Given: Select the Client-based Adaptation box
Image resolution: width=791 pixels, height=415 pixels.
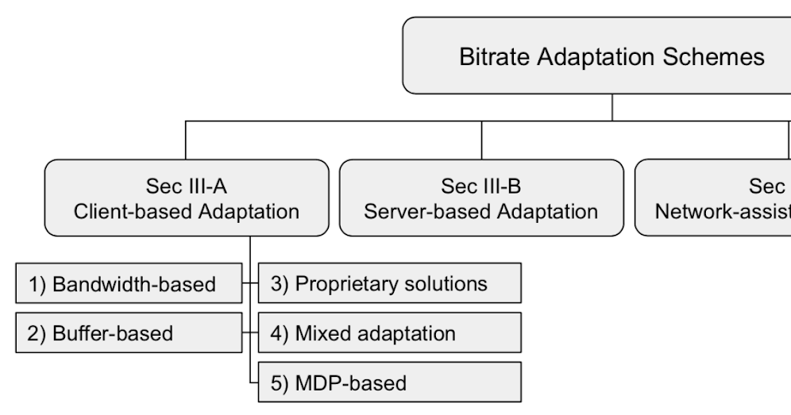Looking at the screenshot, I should click(x=186, y=198).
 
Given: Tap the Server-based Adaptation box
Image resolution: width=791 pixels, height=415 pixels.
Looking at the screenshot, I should click(x=481, y=198).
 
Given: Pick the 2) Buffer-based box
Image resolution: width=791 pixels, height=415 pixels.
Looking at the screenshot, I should click(x=129, y=333).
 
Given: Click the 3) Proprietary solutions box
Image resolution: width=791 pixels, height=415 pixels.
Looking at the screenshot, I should click(x=389, y=283).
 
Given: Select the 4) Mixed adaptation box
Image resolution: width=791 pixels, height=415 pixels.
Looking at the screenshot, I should click(x=389, y=332).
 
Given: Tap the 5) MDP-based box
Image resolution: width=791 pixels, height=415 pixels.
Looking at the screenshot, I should click(x=389, y=382).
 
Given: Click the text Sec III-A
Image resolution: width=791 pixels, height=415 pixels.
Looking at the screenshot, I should click(x=186, y=186).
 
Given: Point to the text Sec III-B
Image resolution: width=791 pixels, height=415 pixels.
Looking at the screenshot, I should click(x=481, y=186).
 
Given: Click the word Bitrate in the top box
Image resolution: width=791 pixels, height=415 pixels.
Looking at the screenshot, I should click(x=493, y=57).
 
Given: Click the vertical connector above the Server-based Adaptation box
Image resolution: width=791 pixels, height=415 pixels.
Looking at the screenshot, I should click(x=481, y=140).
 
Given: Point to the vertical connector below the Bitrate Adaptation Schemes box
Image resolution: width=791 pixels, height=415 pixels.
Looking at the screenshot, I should click(x=612, y=107).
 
